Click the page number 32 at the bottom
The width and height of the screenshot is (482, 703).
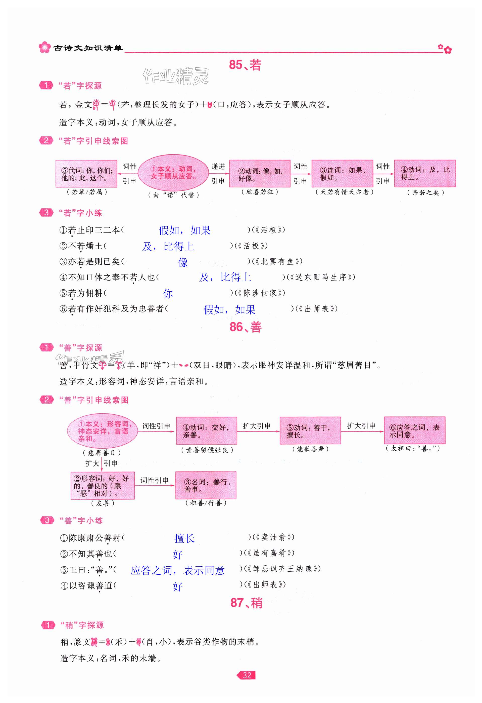pyautogui.click(x=247, y=675)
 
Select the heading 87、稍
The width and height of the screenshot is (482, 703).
pyautogui.click(x=246, y=603)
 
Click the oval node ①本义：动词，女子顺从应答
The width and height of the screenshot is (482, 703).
pyautogui.click(x=173, y=173)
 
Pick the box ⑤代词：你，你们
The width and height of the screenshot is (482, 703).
pyautogui.click(x=86, y=174)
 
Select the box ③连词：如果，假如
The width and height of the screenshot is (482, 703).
pyautogui.click(x=342, y=174)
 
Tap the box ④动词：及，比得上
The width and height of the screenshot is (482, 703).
pyautogui.click(x=425, y=174)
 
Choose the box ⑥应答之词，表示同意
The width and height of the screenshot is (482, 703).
pyautogui.click(x=414, y=431)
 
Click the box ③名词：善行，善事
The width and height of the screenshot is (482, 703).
pyautogui.click(x=206, y=485)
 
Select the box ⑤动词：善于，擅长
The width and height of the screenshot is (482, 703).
pyautogui.click(x=310, y=431)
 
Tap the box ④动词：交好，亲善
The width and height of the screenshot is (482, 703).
pyautogui.click(x=206, y=431)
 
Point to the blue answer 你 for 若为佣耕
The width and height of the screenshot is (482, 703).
pyautogui.click(x=168, y=293)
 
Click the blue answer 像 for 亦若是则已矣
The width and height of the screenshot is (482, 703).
pyautogui.click(x=183, y=262)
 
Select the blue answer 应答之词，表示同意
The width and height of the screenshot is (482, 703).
pyautogui.click(x=177, y=570)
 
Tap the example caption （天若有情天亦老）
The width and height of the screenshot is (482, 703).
pyautogui.click(x=344, y=192)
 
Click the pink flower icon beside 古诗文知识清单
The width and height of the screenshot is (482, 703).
pyautogui.click(x=44, y=48)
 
